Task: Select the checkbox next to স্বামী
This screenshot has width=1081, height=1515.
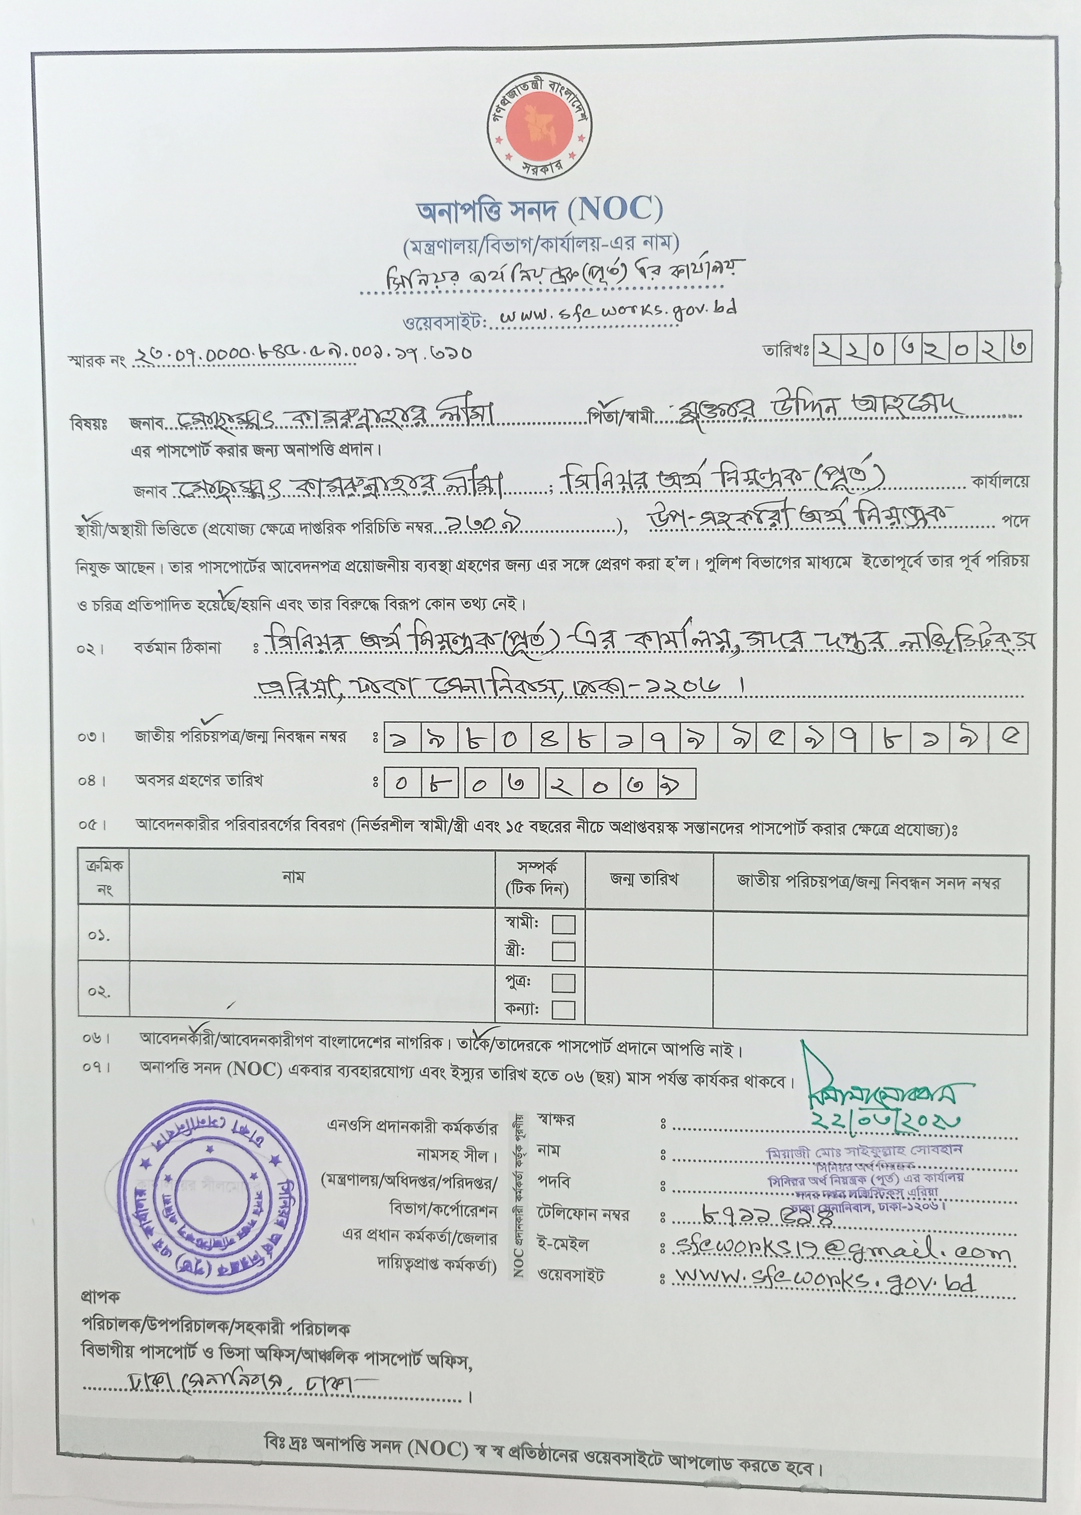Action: point(563,924)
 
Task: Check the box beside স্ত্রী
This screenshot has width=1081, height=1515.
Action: point(563,951)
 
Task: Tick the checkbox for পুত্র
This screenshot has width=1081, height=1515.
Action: point(563,982)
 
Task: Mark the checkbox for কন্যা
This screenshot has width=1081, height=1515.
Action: point(563,1009)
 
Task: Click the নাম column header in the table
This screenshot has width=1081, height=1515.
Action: point(293,877)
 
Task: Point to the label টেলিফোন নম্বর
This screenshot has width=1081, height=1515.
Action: point(582,1213)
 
